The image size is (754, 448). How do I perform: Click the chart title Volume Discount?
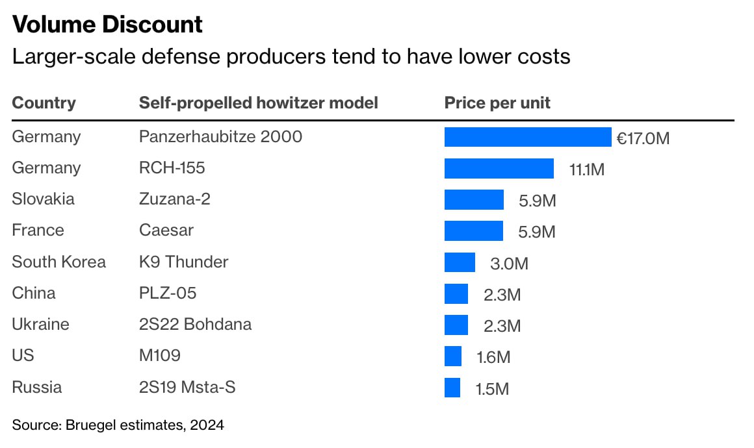(107, 25)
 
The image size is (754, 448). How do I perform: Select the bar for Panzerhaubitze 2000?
(527, 137)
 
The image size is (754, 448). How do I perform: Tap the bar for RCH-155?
(499, 168)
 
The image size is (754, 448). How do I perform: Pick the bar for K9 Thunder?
(460, 262)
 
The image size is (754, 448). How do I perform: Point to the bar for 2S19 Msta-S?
(452, 388)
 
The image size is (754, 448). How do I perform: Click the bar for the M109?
(453, 356)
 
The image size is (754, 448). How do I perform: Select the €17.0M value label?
(643, 138)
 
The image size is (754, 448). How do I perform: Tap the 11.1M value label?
(586, 169)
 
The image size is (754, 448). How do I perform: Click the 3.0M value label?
(510, 264)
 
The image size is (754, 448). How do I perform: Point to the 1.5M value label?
(491, 389)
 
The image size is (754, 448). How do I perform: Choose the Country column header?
(44, 103)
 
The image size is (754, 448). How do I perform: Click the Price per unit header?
(497, 103)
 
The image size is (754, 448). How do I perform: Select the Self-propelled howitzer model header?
(258, 103)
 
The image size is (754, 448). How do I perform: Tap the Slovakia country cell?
(43, 199)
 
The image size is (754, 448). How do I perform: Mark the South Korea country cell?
(58, 262)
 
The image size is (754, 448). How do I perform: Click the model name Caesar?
(166, 230)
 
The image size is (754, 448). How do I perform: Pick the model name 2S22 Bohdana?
(195, 324)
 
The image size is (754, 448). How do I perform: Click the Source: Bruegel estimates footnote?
(118, 425)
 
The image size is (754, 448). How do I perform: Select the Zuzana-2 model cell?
(174, 199)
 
